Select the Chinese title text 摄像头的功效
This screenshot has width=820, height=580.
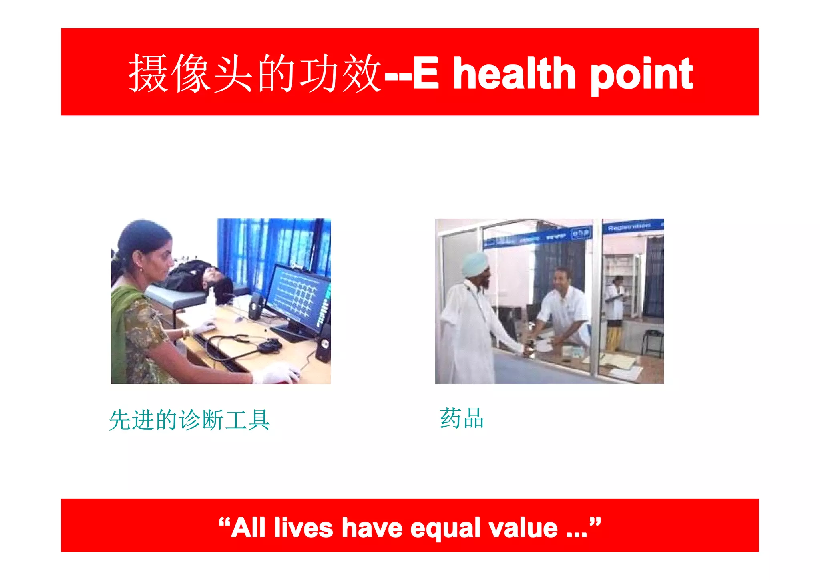pyautogui.click(x=255, y=74)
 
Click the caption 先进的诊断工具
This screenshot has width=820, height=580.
pyautogui.click(x=189, y=420)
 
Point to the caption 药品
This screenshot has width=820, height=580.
pyautogui.click(x=462, y=419)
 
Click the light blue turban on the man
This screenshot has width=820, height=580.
pyautogui.click(x=475, y=263)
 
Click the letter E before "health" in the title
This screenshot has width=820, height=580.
pyautogui.click(x=426, y=74)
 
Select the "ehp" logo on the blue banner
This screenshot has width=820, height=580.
pyautogui.click(x=581, y=233)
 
